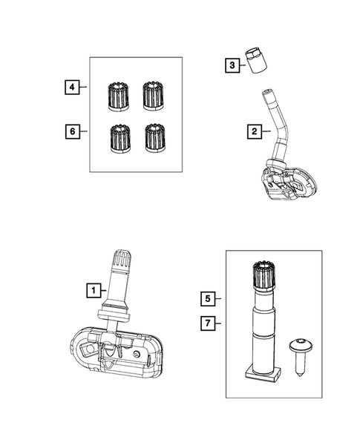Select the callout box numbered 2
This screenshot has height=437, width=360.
tap(255, 132)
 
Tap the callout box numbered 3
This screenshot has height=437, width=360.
tap(232, 66)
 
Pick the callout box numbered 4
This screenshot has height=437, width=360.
tap(71, 88)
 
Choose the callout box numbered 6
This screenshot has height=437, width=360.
tap(71, 131)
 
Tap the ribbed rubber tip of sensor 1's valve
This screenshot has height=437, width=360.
tap(122, 263)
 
